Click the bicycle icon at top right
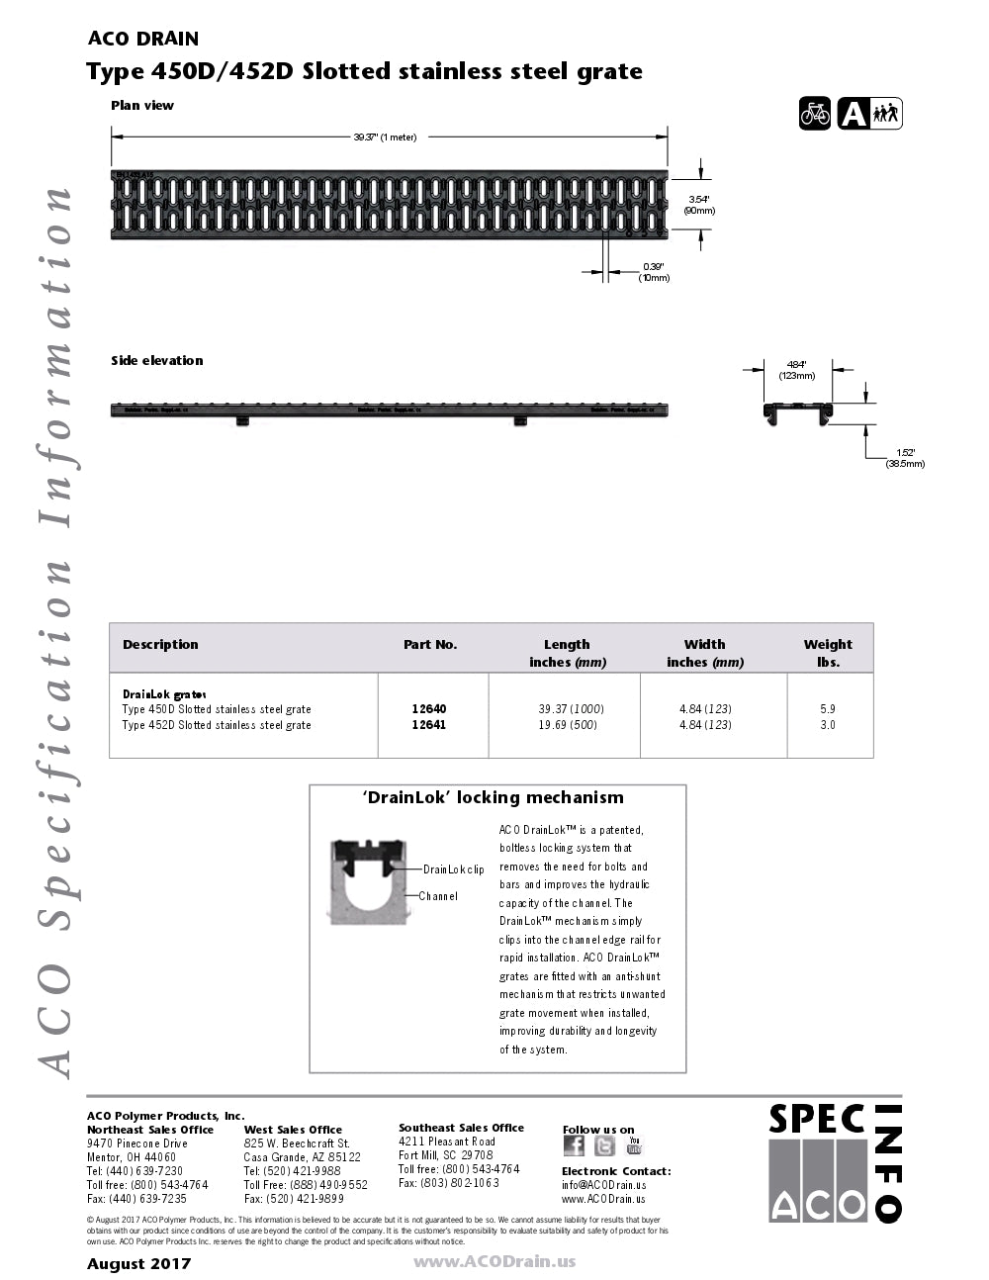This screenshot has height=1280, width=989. click(x=815, y=114)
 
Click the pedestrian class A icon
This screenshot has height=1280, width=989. click(x=870, y=114)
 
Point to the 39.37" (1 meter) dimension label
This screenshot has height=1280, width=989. click(x=385, y=137)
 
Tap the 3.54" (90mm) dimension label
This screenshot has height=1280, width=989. click(x=699, y=205)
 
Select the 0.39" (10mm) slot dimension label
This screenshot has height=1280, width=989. click(x=654, y=272)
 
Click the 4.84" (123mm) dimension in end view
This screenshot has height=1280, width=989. click(x=796, y=370)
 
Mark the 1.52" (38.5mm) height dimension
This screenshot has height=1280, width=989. click(x=904, y=458)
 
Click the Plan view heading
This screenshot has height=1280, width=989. click(x=142, y=106)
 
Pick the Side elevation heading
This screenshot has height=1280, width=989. click(x=157, y=361)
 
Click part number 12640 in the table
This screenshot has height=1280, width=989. click(x=429, y=709)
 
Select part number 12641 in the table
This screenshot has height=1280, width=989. click(x=429, y=725)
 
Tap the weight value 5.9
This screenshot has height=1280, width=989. click(x=828, y=709)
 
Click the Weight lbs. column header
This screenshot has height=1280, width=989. click(x=828, y=653)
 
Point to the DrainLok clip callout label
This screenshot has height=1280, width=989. click(x=454, y=869)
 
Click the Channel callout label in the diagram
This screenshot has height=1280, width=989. click(x=438, y=896)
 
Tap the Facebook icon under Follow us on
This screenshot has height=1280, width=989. click(x=574, y=1145)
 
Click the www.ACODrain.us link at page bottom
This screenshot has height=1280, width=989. click(x=494, y=1261)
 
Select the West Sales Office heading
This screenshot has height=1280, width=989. click(x=293, y=1130)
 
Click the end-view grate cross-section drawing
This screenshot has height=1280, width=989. click(x=797, y=412)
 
